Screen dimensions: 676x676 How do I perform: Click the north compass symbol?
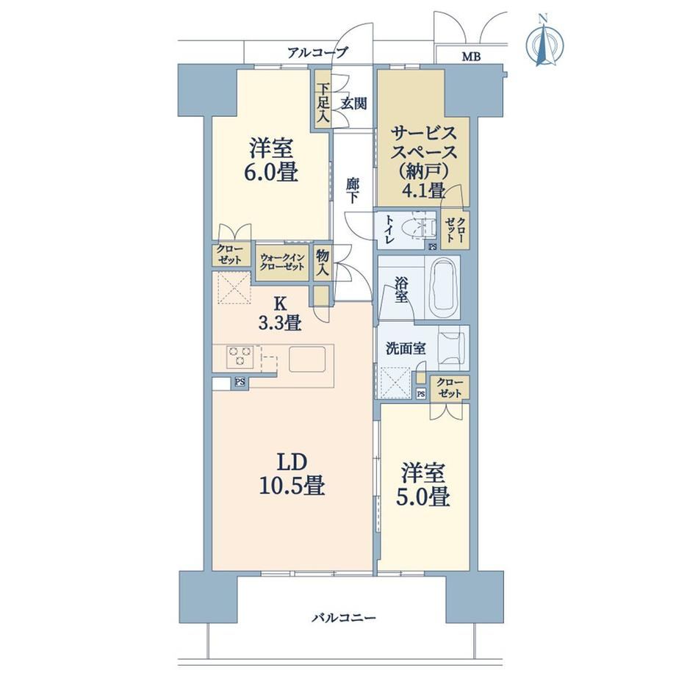(544, 43)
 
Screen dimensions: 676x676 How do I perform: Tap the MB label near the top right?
(471, 56)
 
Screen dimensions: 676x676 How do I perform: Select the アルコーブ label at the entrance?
(317, 53)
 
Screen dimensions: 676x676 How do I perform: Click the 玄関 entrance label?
(354, 104)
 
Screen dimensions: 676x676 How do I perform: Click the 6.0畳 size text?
(272, 173)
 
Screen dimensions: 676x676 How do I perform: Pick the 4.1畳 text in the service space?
(424, 190)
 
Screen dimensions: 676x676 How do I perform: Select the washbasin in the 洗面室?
(452, 348)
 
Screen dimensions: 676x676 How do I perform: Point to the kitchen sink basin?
(306, 359)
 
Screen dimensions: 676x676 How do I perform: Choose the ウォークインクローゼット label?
(282, 262)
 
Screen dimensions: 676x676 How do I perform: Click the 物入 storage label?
(323, 262)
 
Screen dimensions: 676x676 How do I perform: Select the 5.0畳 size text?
(423, 497)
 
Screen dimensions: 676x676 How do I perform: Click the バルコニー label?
(344, 618)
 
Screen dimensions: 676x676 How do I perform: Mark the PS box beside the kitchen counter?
(240, 381)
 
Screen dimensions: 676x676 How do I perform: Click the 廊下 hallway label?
(353, 190)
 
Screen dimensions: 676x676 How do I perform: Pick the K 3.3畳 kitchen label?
(279, 314)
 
